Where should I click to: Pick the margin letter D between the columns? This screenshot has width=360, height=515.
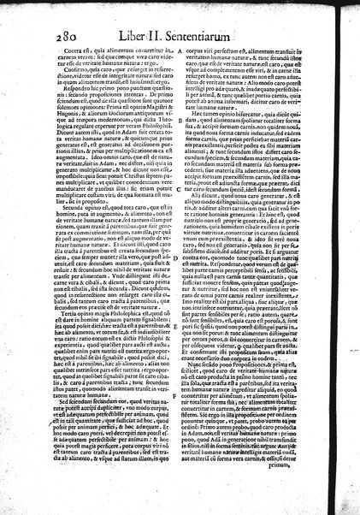pos(176,256)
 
